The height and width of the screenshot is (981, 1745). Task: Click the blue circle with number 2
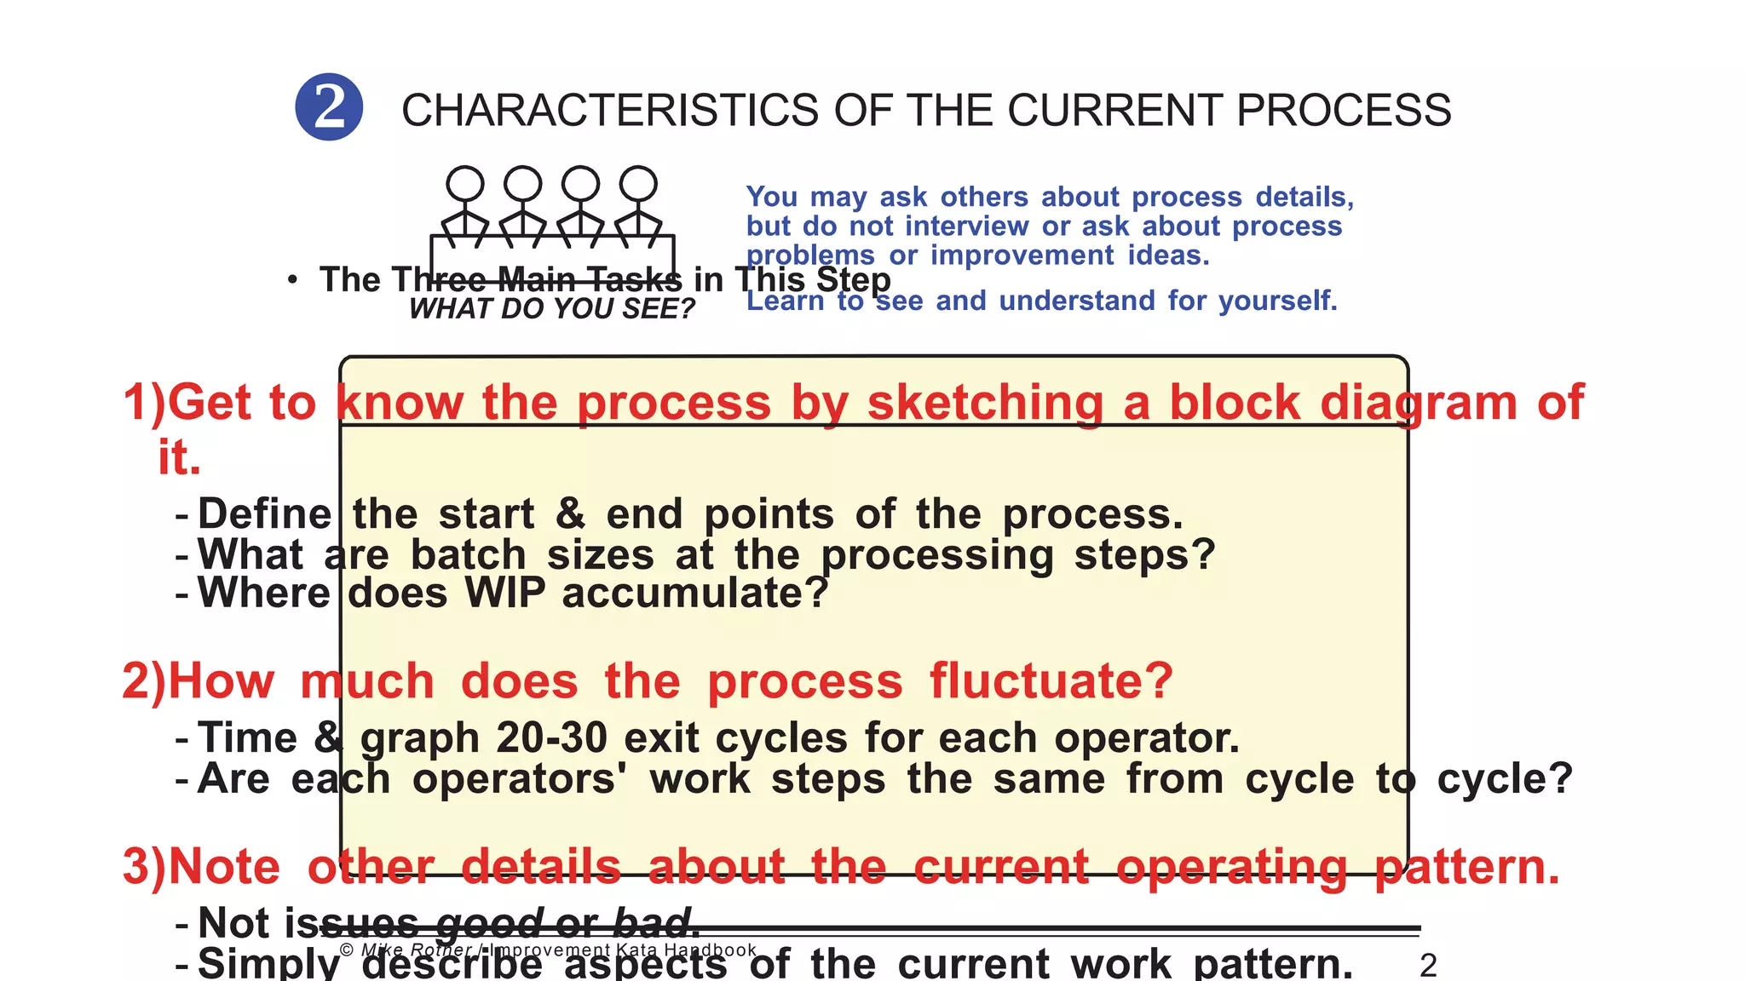tap(329, 107)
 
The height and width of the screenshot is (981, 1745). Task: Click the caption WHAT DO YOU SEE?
tap(552, 309)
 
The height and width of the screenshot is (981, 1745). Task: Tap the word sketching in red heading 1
tap(985, 403)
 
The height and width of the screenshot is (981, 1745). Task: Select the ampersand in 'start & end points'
tap(570, 514)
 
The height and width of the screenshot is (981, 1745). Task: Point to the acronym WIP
tap(505, 594)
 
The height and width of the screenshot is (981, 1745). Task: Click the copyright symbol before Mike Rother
tap(347, 950)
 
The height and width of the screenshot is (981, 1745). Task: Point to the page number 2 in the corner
tap(1429, 966)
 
